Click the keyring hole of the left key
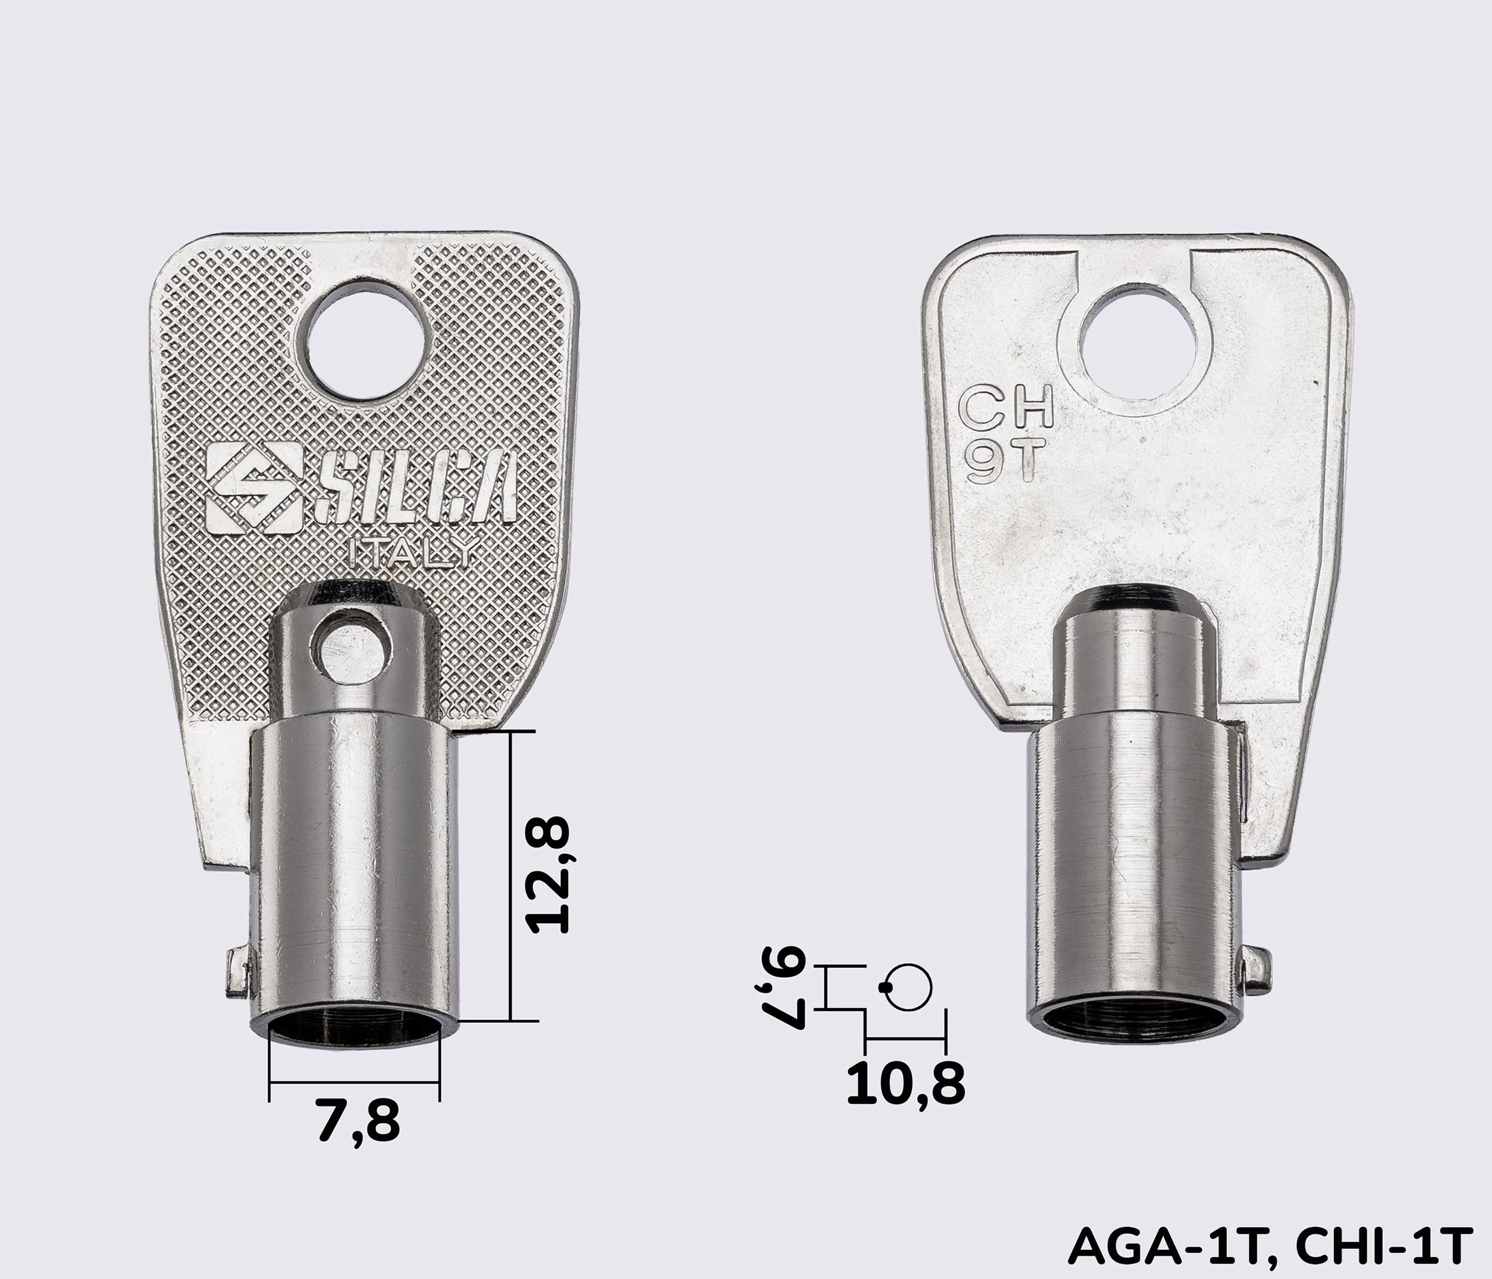point(356,341)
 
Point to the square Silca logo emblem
point(254,488)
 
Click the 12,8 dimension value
point(549,875)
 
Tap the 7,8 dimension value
point(358,1121)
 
